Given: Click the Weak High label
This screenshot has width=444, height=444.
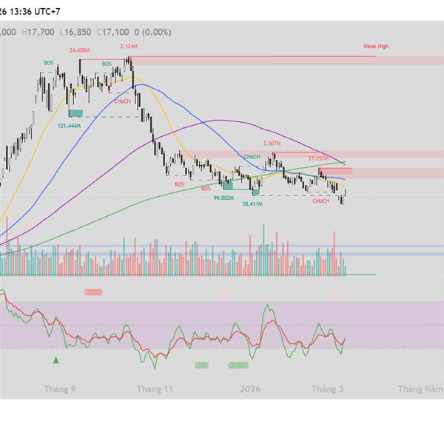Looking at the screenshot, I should [375, 46].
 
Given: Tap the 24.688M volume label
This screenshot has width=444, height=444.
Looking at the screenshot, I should [79, 50].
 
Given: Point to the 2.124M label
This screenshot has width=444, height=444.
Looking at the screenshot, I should [127, 46].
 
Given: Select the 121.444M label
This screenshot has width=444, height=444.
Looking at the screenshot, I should [69, 126].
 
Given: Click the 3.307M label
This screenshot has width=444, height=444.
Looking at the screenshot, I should [272, 143].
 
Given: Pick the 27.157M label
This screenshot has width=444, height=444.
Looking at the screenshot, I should [317, 158].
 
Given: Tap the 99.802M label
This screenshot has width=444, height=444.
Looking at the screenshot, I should [223, 198].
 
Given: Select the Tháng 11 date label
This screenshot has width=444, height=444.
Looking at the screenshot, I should [155, 388].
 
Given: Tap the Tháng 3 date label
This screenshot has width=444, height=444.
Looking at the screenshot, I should [327, 388].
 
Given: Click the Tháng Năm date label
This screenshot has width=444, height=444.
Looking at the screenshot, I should [421, 388].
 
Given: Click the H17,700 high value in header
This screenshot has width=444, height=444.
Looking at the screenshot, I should [38, 32].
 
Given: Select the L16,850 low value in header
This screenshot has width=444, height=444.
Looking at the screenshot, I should [75, 32].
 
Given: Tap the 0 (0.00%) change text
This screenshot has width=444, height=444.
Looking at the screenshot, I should [152, 32].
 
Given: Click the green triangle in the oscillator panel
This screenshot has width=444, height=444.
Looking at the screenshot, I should [55, 360].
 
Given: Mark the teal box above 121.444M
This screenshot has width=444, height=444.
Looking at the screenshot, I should [75, 113].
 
